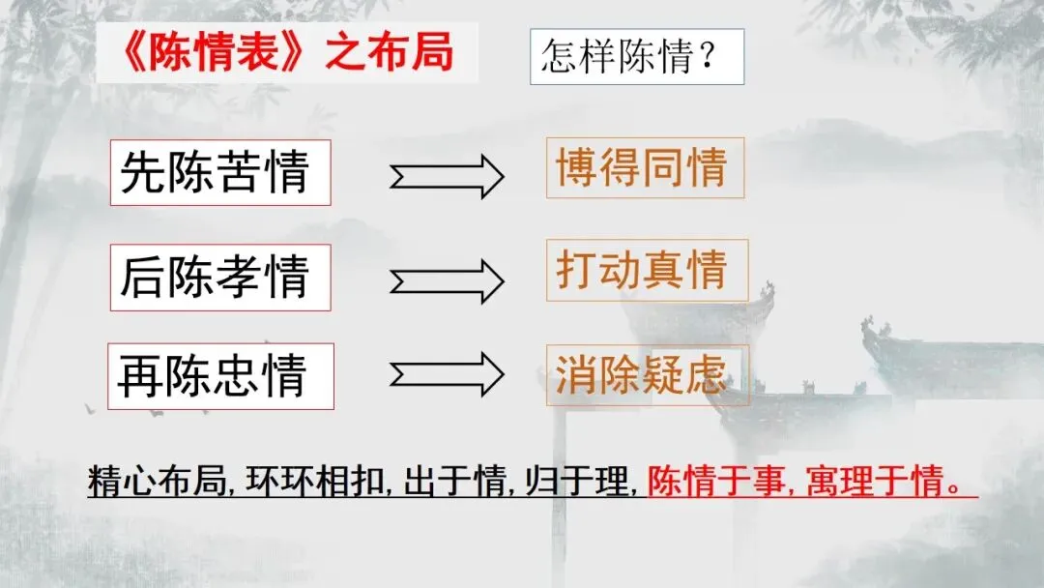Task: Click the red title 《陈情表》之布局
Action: (284, 53)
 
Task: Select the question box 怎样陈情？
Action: (636, 56)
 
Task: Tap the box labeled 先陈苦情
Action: (219, 172)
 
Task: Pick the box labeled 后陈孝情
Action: (219, 277)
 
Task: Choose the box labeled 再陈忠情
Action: (220, 375)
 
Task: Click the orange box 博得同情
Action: (644, 168)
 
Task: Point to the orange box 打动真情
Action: (646, 270)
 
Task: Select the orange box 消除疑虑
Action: (646, 374)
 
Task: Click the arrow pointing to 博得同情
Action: (447, 177)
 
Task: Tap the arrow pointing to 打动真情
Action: (447, 280)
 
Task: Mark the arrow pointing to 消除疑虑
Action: (447, 372)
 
